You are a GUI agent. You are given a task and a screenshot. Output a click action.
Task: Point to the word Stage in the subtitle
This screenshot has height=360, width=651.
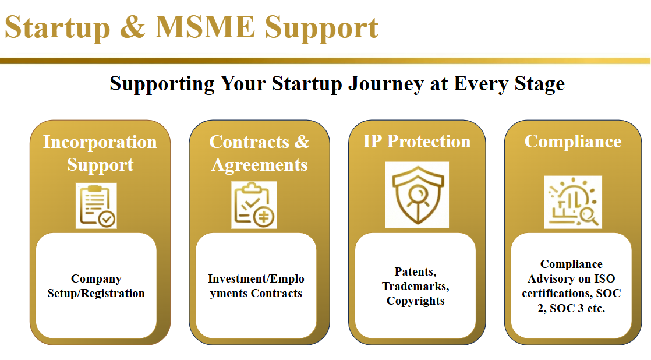(539, 83)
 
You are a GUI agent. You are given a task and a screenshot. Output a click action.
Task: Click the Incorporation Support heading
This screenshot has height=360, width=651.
(100, 153)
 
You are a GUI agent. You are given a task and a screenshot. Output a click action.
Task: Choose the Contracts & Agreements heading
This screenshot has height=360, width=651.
(259, 153)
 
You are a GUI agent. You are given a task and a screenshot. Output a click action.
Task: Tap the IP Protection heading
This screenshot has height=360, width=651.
(417, 142)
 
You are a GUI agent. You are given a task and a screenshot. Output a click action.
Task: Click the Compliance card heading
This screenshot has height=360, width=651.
(573, 142)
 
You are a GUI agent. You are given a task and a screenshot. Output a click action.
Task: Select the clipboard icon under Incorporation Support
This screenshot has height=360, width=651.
(96, 206)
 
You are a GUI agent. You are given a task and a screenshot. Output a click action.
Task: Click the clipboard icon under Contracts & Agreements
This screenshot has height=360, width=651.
(254, 206)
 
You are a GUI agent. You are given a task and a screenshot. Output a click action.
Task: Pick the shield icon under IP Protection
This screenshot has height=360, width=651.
(417, 194)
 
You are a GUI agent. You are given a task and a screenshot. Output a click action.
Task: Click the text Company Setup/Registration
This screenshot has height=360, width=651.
(96, 286)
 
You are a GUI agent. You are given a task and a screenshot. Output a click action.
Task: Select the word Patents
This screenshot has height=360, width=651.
(415, 271)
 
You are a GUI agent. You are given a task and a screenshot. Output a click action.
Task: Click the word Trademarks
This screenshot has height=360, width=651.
(416, 286)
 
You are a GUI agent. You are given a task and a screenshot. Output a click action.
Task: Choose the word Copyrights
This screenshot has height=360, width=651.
(416, 301)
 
